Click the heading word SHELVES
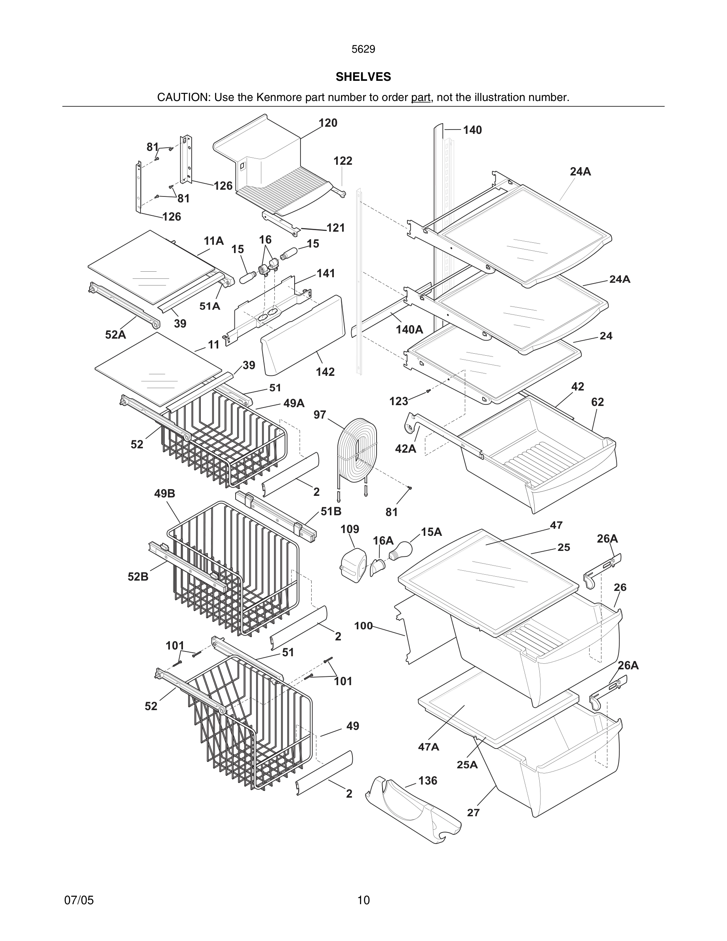tap(363, 77)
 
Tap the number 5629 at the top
tap(363, 50)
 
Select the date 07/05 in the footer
tap(79, 900)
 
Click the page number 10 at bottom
tap(363, 900)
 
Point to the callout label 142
tap(325, 372)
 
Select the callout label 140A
tap(409, 330)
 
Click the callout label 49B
tap(164, 494)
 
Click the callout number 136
tap(427, 780)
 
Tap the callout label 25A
tap(467, 764)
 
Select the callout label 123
tap(398, 402)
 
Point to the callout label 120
tap(328, 123)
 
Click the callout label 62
tap(598, 402)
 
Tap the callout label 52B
tap(138, 577)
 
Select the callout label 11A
tap(213, 241)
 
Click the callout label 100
tap(363, 626)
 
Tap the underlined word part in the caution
tap(421, 97)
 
